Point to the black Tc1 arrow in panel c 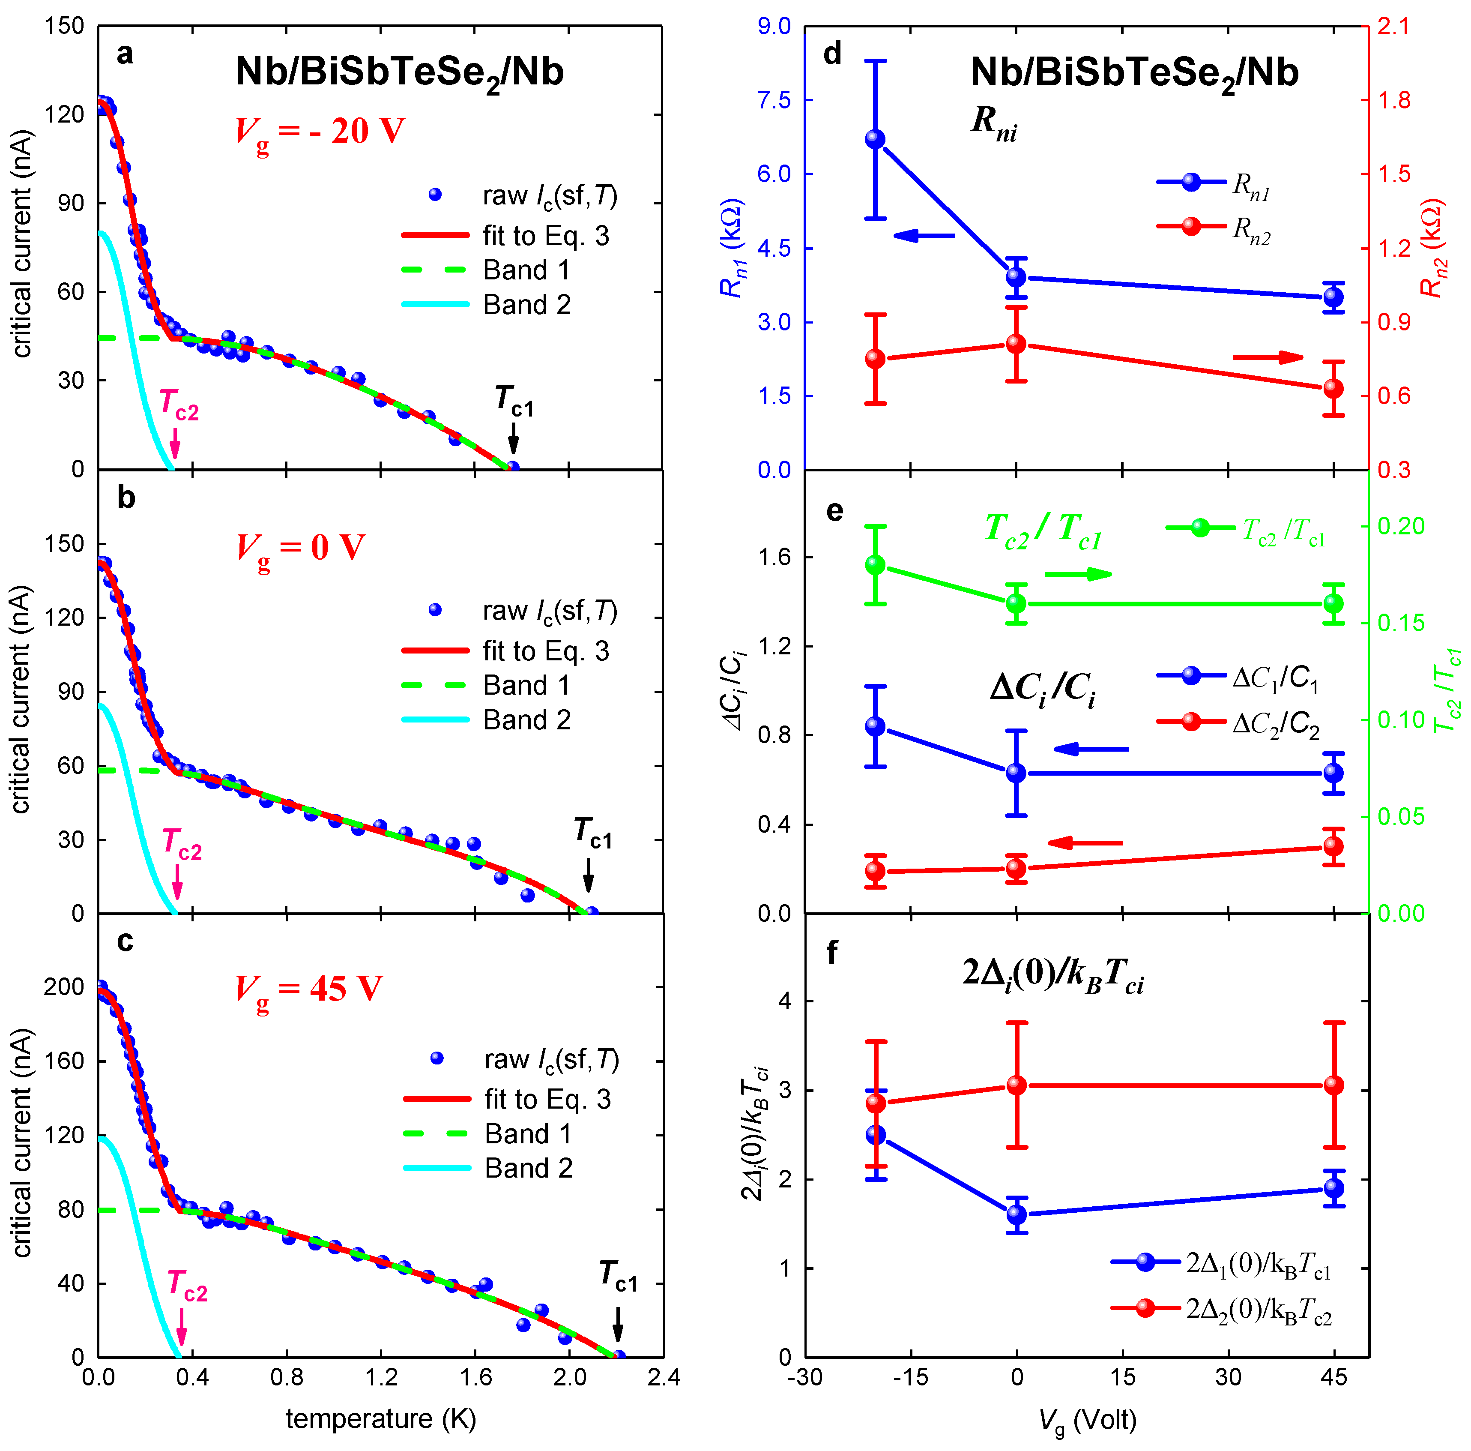617,1323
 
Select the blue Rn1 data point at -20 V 876,138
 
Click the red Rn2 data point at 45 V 1333,388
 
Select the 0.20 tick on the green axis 1401,526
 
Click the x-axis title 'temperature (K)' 381,1418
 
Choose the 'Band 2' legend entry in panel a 527,305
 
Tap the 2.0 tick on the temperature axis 570,1377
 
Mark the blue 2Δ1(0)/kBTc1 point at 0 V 1017,1214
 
